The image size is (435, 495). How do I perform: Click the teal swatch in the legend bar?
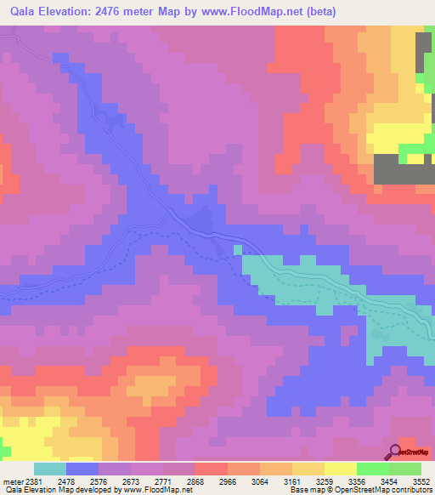click(x=49, y=469)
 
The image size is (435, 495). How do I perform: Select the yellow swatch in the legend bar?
click(x=340, y=469)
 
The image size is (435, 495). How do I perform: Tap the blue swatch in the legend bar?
click(x=82, y=469)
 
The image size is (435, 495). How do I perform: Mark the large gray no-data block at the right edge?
click(x=404, y=168)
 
